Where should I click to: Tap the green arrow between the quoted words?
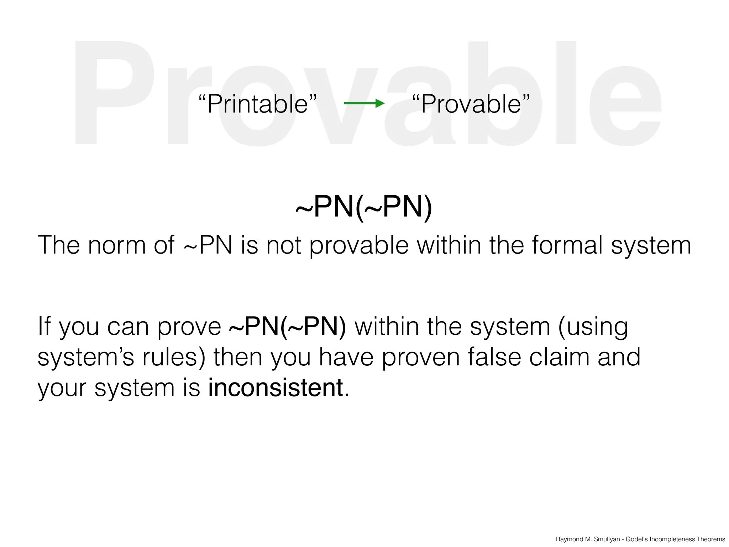click(364, 104)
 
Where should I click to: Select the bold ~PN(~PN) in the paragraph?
click(288, 326)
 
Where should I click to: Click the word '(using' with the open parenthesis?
click(593, 327)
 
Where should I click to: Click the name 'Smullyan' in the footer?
click(607, 539)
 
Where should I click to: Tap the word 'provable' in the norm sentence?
click(359, 246)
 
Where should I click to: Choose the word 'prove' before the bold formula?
click(189, 327)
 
